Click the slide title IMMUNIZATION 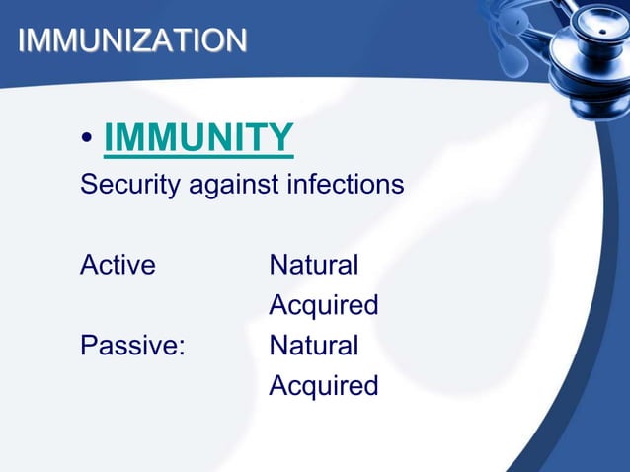132,40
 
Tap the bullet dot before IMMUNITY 88,141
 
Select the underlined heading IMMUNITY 197,138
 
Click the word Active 118,265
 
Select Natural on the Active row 313,265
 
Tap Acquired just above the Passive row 323,306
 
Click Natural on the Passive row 313,346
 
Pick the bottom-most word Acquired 323,386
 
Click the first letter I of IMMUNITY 109,138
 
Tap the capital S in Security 88,185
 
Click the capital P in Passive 88,346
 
